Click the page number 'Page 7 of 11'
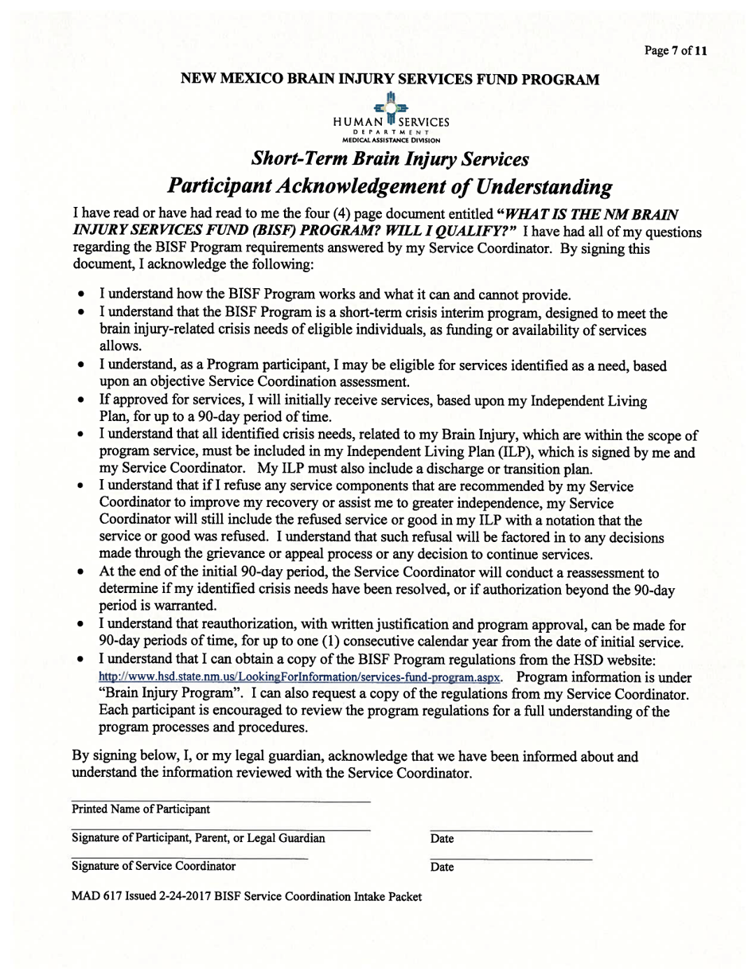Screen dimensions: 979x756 coord(675,51)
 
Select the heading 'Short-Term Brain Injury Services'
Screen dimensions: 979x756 coord(390,158)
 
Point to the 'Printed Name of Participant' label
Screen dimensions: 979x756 coord(141,809)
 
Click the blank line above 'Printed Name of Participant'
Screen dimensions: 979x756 coord(220,800)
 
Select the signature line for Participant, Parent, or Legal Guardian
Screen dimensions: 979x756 coord(220,829)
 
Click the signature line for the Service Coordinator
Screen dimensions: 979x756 coord(189,857)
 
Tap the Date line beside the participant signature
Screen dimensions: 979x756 coord(511,830)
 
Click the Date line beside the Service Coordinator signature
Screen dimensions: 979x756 coord(511,859)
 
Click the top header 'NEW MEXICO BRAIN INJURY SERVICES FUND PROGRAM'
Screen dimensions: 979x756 coord(390,79)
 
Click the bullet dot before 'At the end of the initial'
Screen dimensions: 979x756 coord(81,573)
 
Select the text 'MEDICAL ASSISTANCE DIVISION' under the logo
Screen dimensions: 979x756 coord(391,140)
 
